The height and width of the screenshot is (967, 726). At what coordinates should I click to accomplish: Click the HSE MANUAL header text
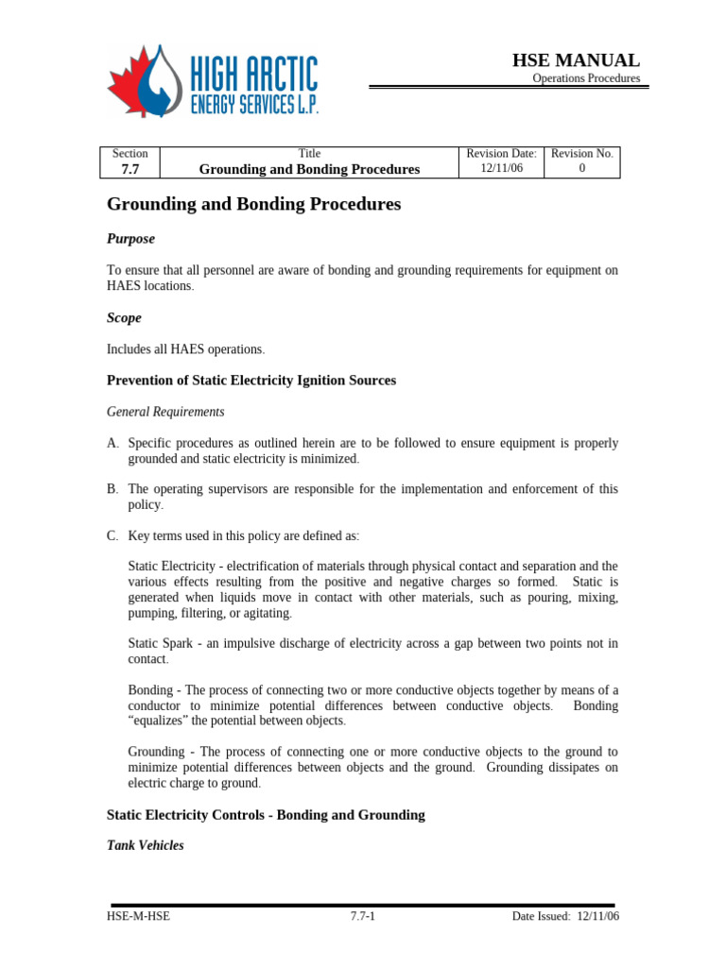576,60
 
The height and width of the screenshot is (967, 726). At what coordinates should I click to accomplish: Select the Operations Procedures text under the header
586,78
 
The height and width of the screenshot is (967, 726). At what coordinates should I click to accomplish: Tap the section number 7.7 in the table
130,169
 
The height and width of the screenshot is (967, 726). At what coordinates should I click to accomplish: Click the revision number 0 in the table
581,168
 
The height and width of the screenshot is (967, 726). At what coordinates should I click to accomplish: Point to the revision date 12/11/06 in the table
501,168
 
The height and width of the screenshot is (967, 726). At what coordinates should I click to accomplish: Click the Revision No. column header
581,153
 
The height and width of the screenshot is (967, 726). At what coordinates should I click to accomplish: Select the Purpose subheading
130,239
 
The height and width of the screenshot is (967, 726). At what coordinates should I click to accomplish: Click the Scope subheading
124,318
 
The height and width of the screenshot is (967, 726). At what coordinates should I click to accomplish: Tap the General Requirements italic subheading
165,412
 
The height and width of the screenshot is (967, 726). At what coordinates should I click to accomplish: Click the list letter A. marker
112,443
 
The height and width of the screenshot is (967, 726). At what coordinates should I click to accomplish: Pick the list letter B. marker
112,489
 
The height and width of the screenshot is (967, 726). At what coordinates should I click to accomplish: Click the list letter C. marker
112,535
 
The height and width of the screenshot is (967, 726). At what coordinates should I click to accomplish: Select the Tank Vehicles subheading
146,845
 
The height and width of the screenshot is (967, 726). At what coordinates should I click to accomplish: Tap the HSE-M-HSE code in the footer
138,916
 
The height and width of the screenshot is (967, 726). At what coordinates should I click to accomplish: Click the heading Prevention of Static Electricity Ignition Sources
251,381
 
